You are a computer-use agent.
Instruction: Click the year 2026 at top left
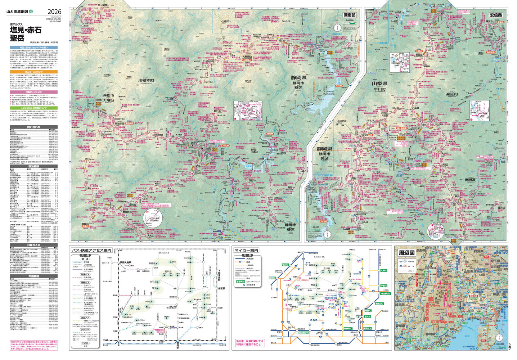(x=54, y=12)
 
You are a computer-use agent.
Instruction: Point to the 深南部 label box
(x=349, y=15)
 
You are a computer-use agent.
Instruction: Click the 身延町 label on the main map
(x=452, y=94)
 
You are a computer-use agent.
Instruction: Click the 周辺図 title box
(x=406, y=253)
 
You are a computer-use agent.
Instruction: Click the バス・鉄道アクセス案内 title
(x=91, y=250)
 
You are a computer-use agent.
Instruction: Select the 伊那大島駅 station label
(x=127, y=263)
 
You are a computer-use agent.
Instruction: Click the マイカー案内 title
(x=247, y=250)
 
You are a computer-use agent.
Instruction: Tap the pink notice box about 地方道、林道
(x=249, y=342)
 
